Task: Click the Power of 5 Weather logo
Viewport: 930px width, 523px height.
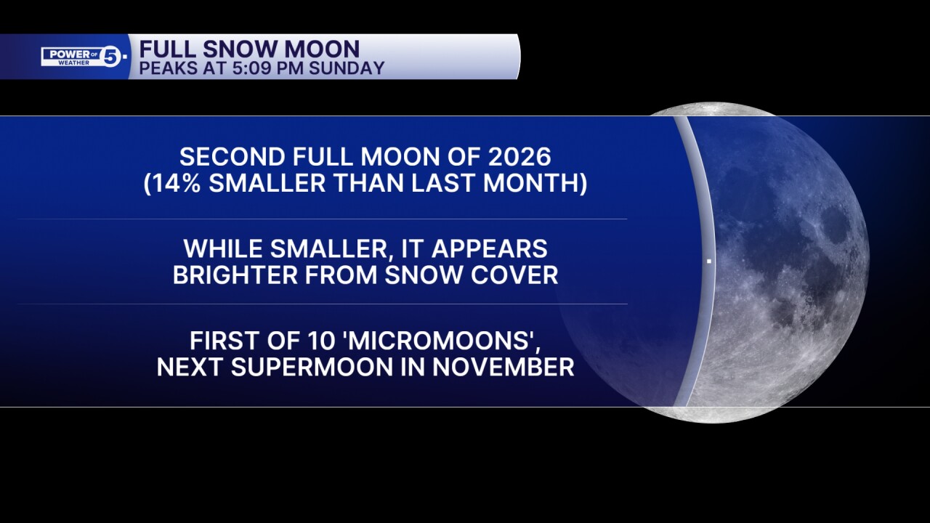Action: [x=84, y=56]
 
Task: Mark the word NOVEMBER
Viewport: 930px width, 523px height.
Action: [x=503, y=367]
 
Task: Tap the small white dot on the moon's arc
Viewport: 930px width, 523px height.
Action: [x=708, y=261]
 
